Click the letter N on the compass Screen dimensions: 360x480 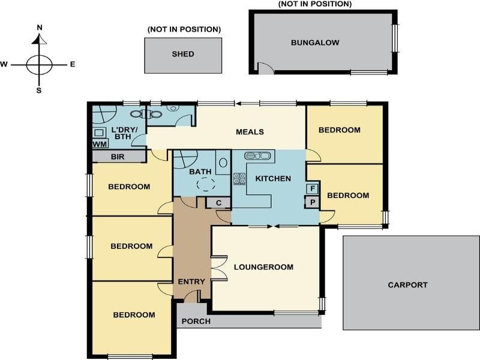click(40, 28)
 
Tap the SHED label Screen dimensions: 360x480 click(183, 54)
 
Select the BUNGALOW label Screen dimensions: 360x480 click(315, 43)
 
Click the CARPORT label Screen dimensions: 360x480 click(407, 285)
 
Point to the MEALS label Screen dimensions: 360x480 click(250, 132)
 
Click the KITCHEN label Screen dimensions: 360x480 click(273, 178)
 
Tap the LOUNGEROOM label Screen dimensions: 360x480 click(263, 267)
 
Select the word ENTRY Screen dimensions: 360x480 click(191, 281)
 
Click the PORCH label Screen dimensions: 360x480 click(196, 321)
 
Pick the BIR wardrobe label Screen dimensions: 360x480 click(118, 157)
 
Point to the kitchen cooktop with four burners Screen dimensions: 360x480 click(239, 178)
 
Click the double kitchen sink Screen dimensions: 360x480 click(258, 156)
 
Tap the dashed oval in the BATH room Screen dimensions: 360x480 click(207, 185)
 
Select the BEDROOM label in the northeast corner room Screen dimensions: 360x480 click(339, 130)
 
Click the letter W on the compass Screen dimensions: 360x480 click(4, 64)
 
